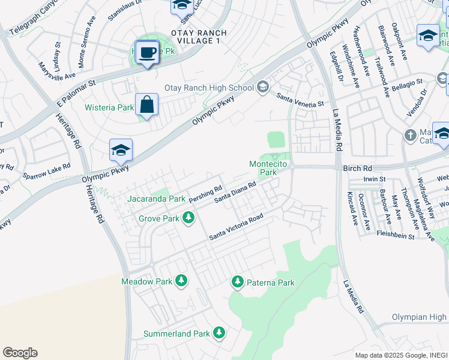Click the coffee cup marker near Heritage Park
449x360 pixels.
pyautogui.click(x=147, y=52)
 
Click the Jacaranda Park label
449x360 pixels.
pyautogui.click(x=156, y=198)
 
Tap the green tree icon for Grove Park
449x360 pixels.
pyautogui.click(x=189, y=218)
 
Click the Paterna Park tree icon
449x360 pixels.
pyautogui.click(x=238, y=281)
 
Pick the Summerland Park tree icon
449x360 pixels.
pyautogui.click(x=219, y=332)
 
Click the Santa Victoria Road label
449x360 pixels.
pyautogui.click(x=237, y=228)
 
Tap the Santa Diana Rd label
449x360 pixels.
pyautogui.click(x=237, y=192)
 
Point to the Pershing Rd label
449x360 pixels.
pyautogui.click(x=206, y=193)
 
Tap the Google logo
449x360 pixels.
pyautogui.click(x=20, y=353)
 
